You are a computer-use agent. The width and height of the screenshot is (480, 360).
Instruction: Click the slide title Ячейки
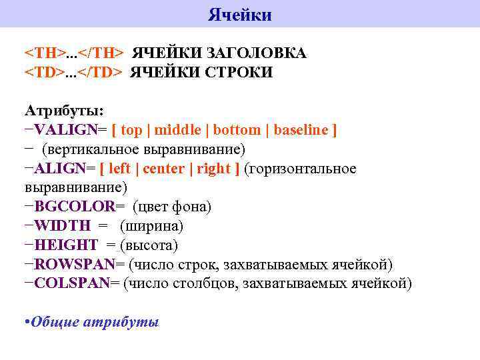pos(239,15)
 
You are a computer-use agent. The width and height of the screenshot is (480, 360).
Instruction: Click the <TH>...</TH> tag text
pos(73,53)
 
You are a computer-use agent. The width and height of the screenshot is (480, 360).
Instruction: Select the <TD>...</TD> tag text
pos(73,72)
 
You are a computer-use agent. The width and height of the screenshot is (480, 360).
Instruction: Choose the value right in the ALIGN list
pos(213,169)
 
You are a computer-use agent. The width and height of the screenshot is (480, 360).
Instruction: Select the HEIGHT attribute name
pos(66,245)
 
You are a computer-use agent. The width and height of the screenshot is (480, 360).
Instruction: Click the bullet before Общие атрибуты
pos(27,322)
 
